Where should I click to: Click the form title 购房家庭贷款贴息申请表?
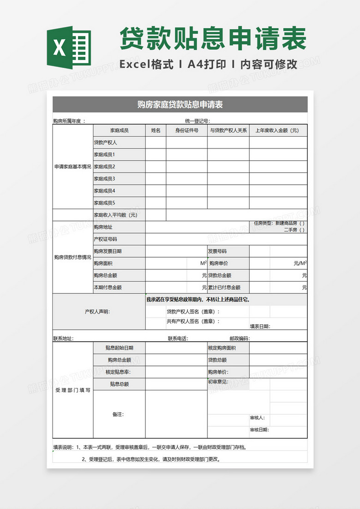coord(180,104)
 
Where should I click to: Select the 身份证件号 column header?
coord(186,131)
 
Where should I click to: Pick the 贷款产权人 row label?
coord(105,143)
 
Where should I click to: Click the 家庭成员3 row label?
coord(104,179)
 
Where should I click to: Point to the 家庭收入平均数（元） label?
coord(115,215)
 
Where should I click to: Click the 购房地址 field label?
coord(103,227)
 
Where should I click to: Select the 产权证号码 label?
coord(105,239)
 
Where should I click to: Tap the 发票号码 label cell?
coord(217,251)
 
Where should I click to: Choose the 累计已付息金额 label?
coord(224,287)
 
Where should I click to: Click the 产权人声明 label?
coord(97,312)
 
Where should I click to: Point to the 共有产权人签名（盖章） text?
coord(193,321)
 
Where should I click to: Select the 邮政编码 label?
coord(240,339)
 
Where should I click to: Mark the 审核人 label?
coord(257,418)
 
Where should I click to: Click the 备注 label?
coord(118,414)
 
